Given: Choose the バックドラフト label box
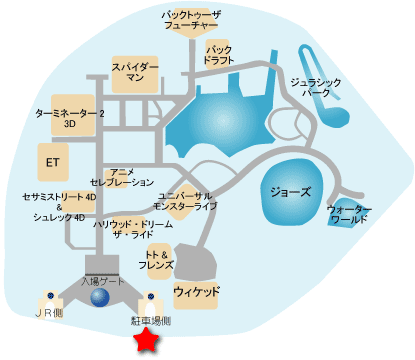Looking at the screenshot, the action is click(219, 55).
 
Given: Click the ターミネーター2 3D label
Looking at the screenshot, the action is click(70, 120).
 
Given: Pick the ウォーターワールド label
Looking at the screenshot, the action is click(349, 214).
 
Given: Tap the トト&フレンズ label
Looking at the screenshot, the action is click(161, 260).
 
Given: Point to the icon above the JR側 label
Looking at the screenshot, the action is click(48, 298).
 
